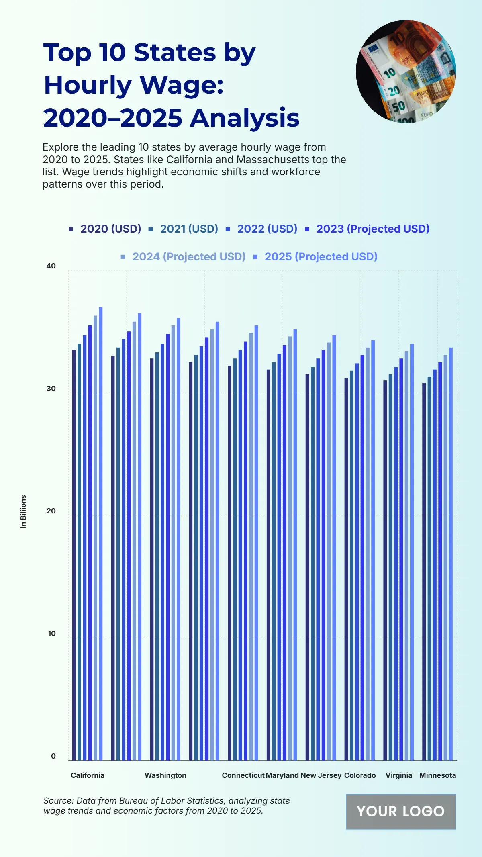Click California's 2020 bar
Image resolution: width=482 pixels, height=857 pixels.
coord(74,554)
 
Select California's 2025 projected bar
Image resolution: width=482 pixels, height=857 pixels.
coord(101,534)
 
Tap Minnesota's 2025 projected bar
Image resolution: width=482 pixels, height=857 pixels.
coord(451,554)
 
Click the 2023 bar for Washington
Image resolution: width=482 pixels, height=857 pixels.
coord(168,546)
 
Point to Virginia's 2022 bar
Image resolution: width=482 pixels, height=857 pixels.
coord(396,562)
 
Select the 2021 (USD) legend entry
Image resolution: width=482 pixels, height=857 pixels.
coord(189,229)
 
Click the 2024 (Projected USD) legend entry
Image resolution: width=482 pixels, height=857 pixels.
coord(189,257)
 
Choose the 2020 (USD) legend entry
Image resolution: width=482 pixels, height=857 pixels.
coord(110,229)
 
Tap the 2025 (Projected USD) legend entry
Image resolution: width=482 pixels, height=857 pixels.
coord(321,257)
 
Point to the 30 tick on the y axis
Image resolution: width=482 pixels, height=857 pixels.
coord(51,389)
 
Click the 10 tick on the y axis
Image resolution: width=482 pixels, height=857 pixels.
coord(52,634)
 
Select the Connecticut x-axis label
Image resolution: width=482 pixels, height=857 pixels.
coord(243,775)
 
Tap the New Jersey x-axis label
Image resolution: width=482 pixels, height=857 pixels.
coord(321,775)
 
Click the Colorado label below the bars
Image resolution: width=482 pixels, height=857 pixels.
coord(360,775)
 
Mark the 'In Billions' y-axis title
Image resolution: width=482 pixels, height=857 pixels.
coord(23,511)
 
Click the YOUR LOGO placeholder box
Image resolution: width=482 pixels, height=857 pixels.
coord(401,811)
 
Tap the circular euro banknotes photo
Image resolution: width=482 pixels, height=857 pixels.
coord(406,72)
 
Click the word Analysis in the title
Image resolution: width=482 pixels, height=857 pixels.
coord(245,118)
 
